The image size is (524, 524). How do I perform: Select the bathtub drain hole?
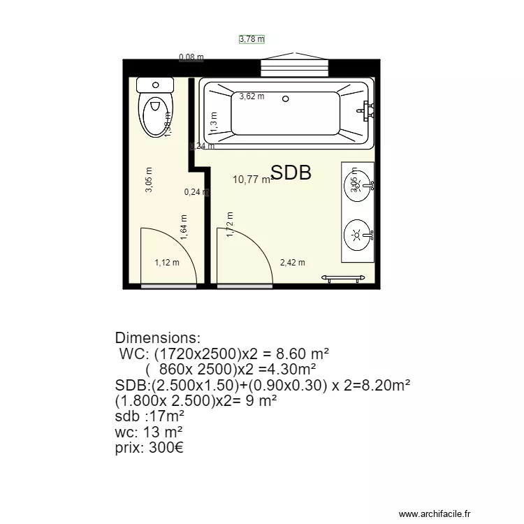(285, 99)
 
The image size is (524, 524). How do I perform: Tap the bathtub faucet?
(365, 109)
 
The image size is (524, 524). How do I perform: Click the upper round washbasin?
(358, 186)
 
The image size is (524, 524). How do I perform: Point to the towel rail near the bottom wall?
(344, 278)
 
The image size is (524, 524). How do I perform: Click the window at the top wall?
(293, 66)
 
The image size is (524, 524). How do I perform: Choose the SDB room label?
(291, 173)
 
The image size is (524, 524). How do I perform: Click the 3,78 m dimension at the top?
(252, 40)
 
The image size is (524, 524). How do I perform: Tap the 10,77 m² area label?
(252, 180)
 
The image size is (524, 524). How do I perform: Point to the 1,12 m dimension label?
(166, 263)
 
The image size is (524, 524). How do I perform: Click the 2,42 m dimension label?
(292, 263)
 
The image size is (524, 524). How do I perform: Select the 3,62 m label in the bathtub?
(252, 96)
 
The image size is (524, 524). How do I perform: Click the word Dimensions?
(158, 338)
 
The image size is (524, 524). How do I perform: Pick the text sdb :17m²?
(149, 416)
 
